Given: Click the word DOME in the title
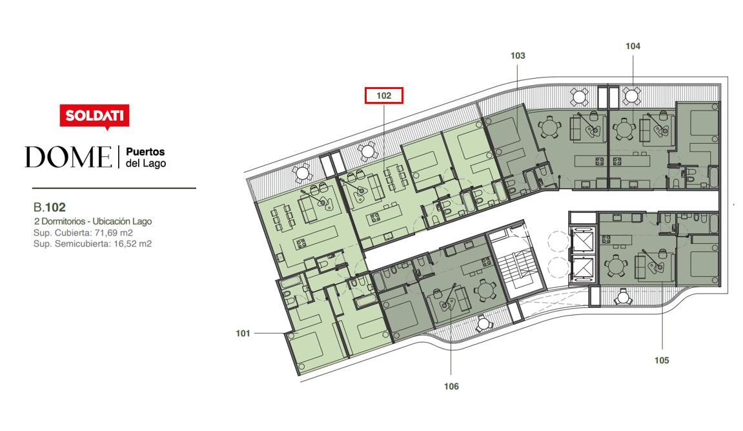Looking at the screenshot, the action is [68, 157].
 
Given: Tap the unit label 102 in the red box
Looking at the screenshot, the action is [384, 95].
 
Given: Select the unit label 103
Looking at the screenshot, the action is [518, 55].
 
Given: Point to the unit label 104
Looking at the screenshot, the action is [633, 46].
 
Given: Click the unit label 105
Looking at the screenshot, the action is [662, 361].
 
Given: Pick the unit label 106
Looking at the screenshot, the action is [451, 386].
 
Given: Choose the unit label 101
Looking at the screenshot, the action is [243, 334].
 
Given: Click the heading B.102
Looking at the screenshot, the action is [49, 207].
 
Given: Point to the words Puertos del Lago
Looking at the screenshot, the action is [145, 157].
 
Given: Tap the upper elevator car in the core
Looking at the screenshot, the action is [583, 241].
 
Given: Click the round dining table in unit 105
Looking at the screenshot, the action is [616, 266].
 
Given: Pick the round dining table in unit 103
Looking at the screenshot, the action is [549, 126].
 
